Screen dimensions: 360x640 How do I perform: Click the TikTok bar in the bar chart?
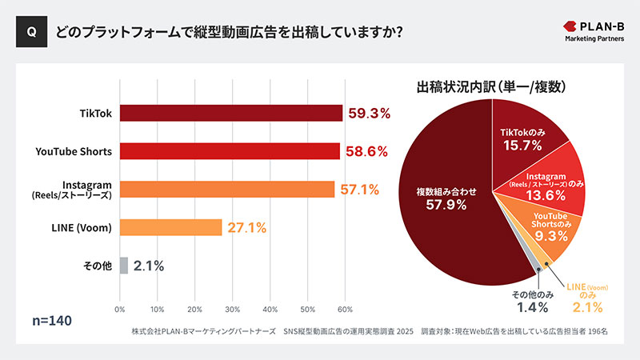pyautogui.click(x=231, y=113)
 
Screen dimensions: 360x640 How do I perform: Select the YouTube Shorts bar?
pyautogui.click(x=230, y=151)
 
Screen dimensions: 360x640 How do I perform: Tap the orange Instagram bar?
pyautogui.click(x=227, y=189)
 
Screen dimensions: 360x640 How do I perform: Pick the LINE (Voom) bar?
pyautogui.click(x=170, y=227)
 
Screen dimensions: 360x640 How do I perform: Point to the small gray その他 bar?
pyautogui.click(x=123, y=266)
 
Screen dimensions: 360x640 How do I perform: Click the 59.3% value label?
pyautogui.click(x=368, y=114)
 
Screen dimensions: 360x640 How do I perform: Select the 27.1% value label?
pyautogui.click(x=246, y=228)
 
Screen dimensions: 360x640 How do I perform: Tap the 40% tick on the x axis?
pyautogui.click(x=270, y=309)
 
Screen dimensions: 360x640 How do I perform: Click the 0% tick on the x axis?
pyautogui.click(x=120, y=309)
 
